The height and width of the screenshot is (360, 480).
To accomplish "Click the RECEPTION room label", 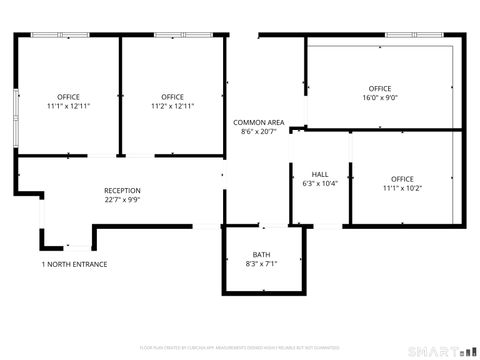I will [x=122, y=190].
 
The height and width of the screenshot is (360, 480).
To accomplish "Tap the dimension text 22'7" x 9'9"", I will [x=122, y=199].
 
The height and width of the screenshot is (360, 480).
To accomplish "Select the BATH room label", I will [x=261, y=254].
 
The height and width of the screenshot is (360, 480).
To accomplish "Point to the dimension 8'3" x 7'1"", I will [x=261, y=263].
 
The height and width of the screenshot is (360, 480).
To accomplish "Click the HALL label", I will [x=320, y=174].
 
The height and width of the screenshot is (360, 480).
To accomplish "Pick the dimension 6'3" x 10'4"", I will [x=320, y=183].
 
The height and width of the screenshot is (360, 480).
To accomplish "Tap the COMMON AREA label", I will [x=259, y=122].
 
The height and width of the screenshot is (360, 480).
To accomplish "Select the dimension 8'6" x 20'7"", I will [x=259, y=131].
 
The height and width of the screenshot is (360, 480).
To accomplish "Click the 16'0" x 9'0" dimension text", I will [x=380, y=98].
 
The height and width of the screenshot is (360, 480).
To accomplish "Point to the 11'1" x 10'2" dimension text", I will [x=402, y=188].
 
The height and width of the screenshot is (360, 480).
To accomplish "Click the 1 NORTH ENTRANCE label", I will [x=74, y=264].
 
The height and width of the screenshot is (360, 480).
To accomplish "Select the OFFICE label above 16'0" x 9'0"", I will [x=380, y=89].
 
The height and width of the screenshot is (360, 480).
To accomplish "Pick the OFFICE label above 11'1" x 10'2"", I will [x=402, y=179].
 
